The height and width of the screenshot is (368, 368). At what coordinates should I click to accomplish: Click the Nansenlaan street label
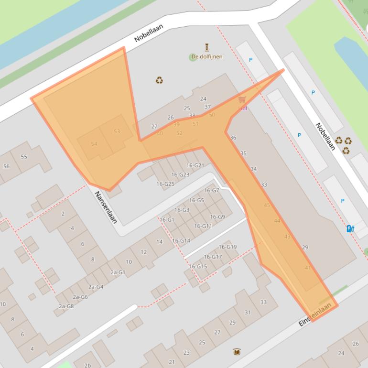106,207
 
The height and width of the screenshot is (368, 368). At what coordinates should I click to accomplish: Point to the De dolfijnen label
206,56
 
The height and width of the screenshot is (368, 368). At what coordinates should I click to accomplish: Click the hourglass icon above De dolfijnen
207,47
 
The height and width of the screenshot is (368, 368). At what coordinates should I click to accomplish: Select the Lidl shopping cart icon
242,100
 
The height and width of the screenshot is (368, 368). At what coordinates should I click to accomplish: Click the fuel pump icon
350,228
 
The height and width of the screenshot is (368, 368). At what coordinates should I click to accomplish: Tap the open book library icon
237,352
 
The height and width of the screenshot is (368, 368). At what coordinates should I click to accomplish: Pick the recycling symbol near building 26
159,80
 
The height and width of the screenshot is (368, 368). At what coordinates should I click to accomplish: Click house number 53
117,131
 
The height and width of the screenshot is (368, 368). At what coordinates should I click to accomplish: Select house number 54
94,144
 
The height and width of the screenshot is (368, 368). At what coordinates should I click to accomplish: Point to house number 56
6,166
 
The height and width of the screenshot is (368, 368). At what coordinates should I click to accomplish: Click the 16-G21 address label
195,165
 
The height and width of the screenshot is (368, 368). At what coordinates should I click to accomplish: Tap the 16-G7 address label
211,190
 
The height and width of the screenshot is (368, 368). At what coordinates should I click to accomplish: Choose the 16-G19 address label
227,247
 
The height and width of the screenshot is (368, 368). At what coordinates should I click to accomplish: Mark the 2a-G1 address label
118,272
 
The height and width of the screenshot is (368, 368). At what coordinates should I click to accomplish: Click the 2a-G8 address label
66,306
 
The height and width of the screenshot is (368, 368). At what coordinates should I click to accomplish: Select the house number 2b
87,366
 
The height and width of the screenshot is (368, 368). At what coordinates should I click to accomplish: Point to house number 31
247,313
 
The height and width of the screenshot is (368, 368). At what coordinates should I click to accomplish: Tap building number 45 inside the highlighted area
267,205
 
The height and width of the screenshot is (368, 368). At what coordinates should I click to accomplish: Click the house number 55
24,156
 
